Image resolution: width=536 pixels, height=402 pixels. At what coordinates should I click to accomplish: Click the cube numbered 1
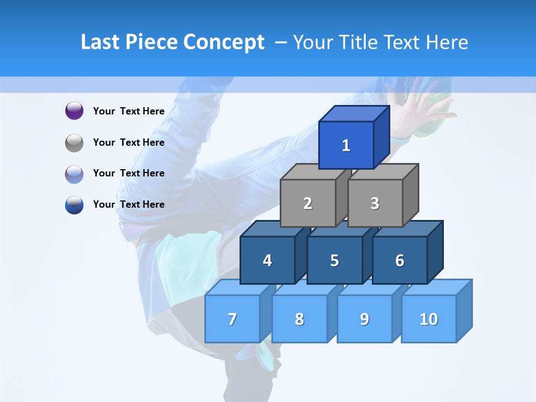(346, 145)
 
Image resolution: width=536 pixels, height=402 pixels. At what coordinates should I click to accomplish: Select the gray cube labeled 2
(308, 203)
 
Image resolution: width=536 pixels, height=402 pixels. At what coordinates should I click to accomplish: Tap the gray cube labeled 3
(375, 203)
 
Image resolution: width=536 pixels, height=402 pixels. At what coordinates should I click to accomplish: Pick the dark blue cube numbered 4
(267, 260)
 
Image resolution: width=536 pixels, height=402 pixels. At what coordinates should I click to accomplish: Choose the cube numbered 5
(334, 260)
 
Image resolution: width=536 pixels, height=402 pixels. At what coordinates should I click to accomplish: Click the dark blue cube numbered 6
(400, 260)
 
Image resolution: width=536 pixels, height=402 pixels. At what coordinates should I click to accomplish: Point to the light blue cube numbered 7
(232, 319)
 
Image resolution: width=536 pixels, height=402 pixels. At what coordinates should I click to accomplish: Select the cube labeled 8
(299, 319)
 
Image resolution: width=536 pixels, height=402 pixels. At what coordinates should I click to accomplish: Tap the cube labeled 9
(365, 319)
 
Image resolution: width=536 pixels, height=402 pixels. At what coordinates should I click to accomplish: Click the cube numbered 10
(429, 319)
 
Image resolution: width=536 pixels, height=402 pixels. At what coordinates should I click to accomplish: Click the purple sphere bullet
(74, 111)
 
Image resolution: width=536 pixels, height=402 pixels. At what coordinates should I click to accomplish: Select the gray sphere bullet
(74, 142)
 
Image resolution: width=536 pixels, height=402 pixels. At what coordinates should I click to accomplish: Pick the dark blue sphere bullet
(74, 204)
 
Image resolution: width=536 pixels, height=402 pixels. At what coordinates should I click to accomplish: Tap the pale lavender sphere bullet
(74, 174)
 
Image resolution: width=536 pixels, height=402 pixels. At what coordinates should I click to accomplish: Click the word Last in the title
(99, 42)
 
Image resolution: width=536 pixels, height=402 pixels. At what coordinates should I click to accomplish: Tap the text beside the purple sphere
(129, 111)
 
